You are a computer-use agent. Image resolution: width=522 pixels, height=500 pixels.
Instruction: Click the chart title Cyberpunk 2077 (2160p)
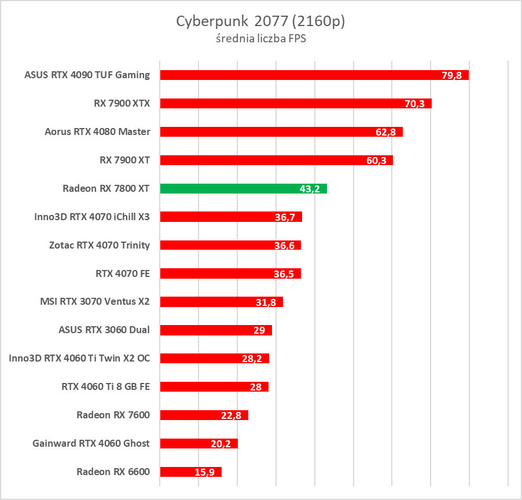[260, 21]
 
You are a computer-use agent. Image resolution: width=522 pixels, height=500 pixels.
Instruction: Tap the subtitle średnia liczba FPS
[260, 39]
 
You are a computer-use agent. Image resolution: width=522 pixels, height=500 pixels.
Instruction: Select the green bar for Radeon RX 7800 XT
[243, 188]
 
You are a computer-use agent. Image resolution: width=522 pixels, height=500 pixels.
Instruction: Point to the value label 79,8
[451, 75]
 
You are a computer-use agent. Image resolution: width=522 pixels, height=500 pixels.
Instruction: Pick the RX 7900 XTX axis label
[122, 104]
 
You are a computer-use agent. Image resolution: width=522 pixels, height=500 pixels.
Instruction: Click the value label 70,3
[414, 104]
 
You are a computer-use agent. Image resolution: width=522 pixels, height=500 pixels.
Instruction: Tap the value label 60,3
[376, 160]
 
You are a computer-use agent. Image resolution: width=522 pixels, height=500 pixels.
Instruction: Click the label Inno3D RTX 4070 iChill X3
[92, 217]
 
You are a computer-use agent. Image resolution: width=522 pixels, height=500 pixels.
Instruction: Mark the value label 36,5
[284, 274]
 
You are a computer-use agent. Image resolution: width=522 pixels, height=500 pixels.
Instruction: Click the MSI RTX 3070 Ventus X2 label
[95, 302]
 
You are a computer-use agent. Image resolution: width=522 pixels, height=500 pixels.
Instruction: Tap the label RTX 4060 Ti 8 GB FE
[105, 386]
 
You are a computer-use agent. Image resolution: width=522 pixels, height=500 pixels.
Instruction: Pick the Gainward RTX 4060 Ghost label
[91, 443]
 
